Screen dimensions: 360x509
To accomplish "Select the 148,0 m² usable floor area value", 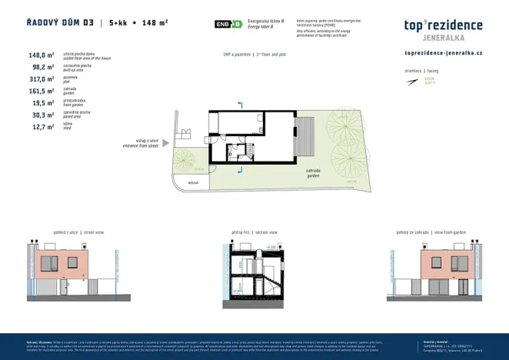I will point(41,55).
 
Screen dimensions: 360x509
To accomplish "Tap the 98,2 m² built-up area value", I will point(41,67).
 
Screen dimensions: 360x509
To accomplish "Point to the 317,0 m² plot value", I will point(41,78).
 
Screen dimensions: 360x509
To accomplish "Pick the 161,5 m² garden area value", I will point(41,90).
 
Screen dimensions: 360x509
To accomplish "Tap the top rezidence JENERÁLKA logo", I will point(443,28).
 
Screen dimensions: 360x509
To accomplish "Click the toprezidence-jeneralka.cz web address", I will point(443,52).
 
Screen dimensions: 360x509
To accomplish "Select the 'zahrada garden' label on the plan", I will point(313,172).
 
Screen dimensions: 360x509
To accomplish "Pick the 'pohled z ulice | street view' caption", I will point(78,232).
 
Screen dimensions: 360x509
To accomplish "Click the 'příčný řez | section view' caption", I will point(254,232).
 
